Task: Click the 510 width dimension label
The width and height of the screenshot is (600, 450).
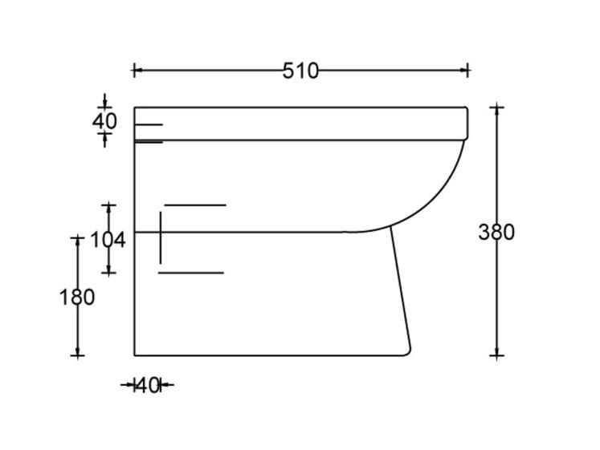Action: click(300, 71)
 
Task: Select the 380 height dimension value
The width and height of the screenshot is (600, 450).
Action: click(496, 233)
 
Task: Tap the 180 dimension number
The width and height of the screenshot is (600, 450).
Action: click(77, 298)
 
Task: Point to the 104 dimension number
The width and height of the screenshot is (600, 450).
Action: click(108, 240)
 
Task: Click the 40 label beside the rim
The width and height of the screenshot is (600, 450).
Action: click(104, 121)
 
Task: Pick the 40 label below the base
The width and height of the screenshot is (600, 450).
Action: click(147, 386)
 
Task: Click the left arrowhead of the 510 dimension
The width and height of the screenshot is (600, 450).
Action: click(137, 71)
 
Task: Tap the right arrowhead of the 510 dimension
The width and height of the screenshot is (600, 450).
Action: click(463, 71)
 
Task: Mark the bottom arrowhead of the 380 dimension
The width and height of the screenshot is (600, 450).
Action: click(496, 351)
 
